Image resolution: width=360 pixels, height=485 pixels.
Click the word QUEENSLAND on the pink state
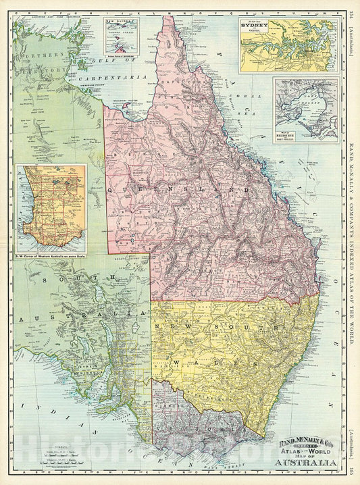click(x=203, y=191)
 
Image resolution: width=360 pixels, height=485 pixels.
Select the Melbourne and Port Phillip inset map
click(x=305, y=106)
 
